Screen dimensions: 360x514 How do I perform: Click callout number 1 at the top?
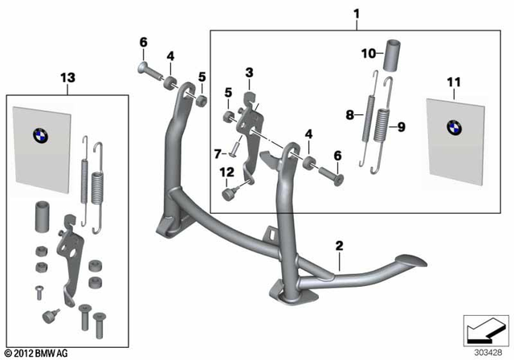[357, 14]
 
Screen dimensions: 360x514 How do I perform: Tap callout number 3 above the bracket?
[250, 73]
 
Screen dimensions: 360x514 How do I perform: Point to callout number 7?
[216, 153]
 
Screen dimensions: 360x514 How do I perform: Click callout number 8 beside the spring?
[349, 115]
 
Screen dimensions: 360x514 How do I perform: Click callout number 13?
[66, 77]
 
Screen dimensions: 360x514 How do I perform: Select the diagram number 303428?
[484, 350]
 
